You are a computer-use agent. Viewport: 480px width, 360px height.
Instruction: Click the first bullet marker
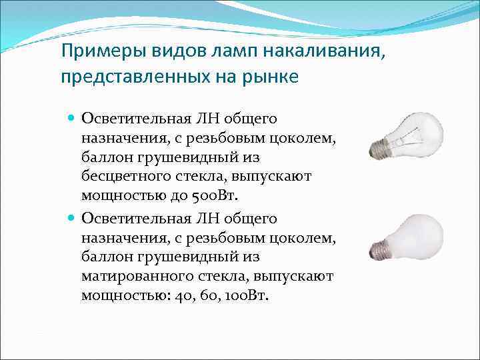pos(71,117)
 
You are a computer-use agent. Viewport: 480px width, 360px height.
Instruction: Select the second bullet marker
pos(71,218)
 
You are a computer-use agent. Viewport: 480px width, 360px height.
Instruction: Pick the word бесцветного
pos(122,177)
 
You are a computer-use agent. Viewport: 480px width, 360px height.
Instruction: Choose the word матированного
pos(133,276)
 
